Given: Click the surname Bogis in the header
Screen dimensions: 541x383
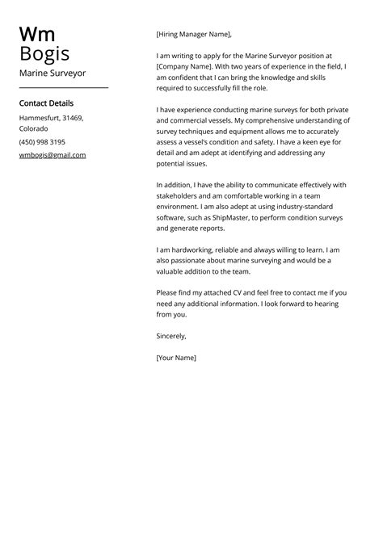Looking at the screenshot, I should (44, 54).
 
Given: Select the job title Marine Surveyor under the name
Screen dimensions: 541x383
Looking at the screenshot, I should (52, 73).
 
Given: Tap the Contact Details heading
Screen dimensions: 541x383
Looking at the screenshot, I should (46, 103).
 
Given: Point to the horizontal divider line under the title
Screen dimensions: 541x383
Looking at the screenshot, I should (63, 87).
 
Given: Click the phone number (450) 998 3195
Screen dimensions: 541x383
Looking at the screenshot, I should (42, 141).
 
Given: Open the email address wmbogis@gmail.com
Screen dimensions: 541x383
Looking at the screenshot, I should (53, 154).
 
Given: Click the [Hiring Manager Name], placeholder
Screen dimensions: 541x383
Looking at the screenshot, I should (193, 34).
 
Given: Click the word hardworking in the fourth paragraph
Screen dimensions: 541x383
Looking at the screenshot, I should (194, 250).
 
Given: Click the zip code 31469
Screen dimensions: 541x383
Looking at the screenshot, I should (73, 118).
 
